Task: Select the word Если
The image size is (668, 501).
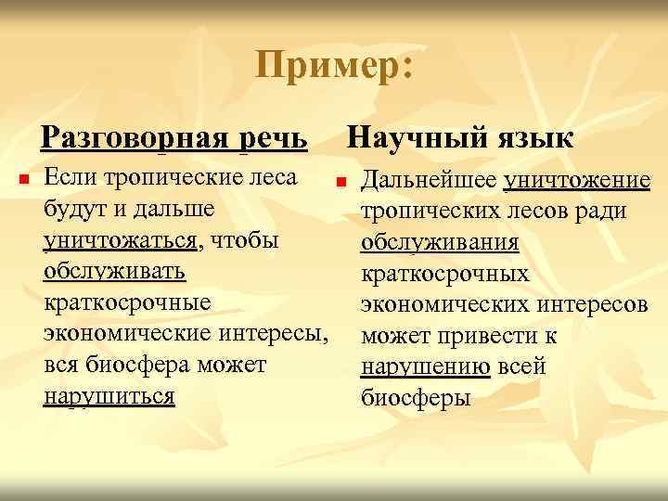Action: coord(66,177)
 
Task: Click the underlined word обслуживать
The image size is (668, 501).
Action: coord(114,272)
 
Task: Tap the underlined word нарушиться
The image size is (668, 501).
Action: coord(109,396)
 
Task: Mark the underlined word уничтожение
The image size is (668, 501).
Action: coord(576,179)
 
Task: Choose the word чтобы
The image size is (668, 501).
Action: coord(244,241)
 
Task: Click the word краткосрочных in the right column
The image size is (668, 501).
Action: coord(444,273)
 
